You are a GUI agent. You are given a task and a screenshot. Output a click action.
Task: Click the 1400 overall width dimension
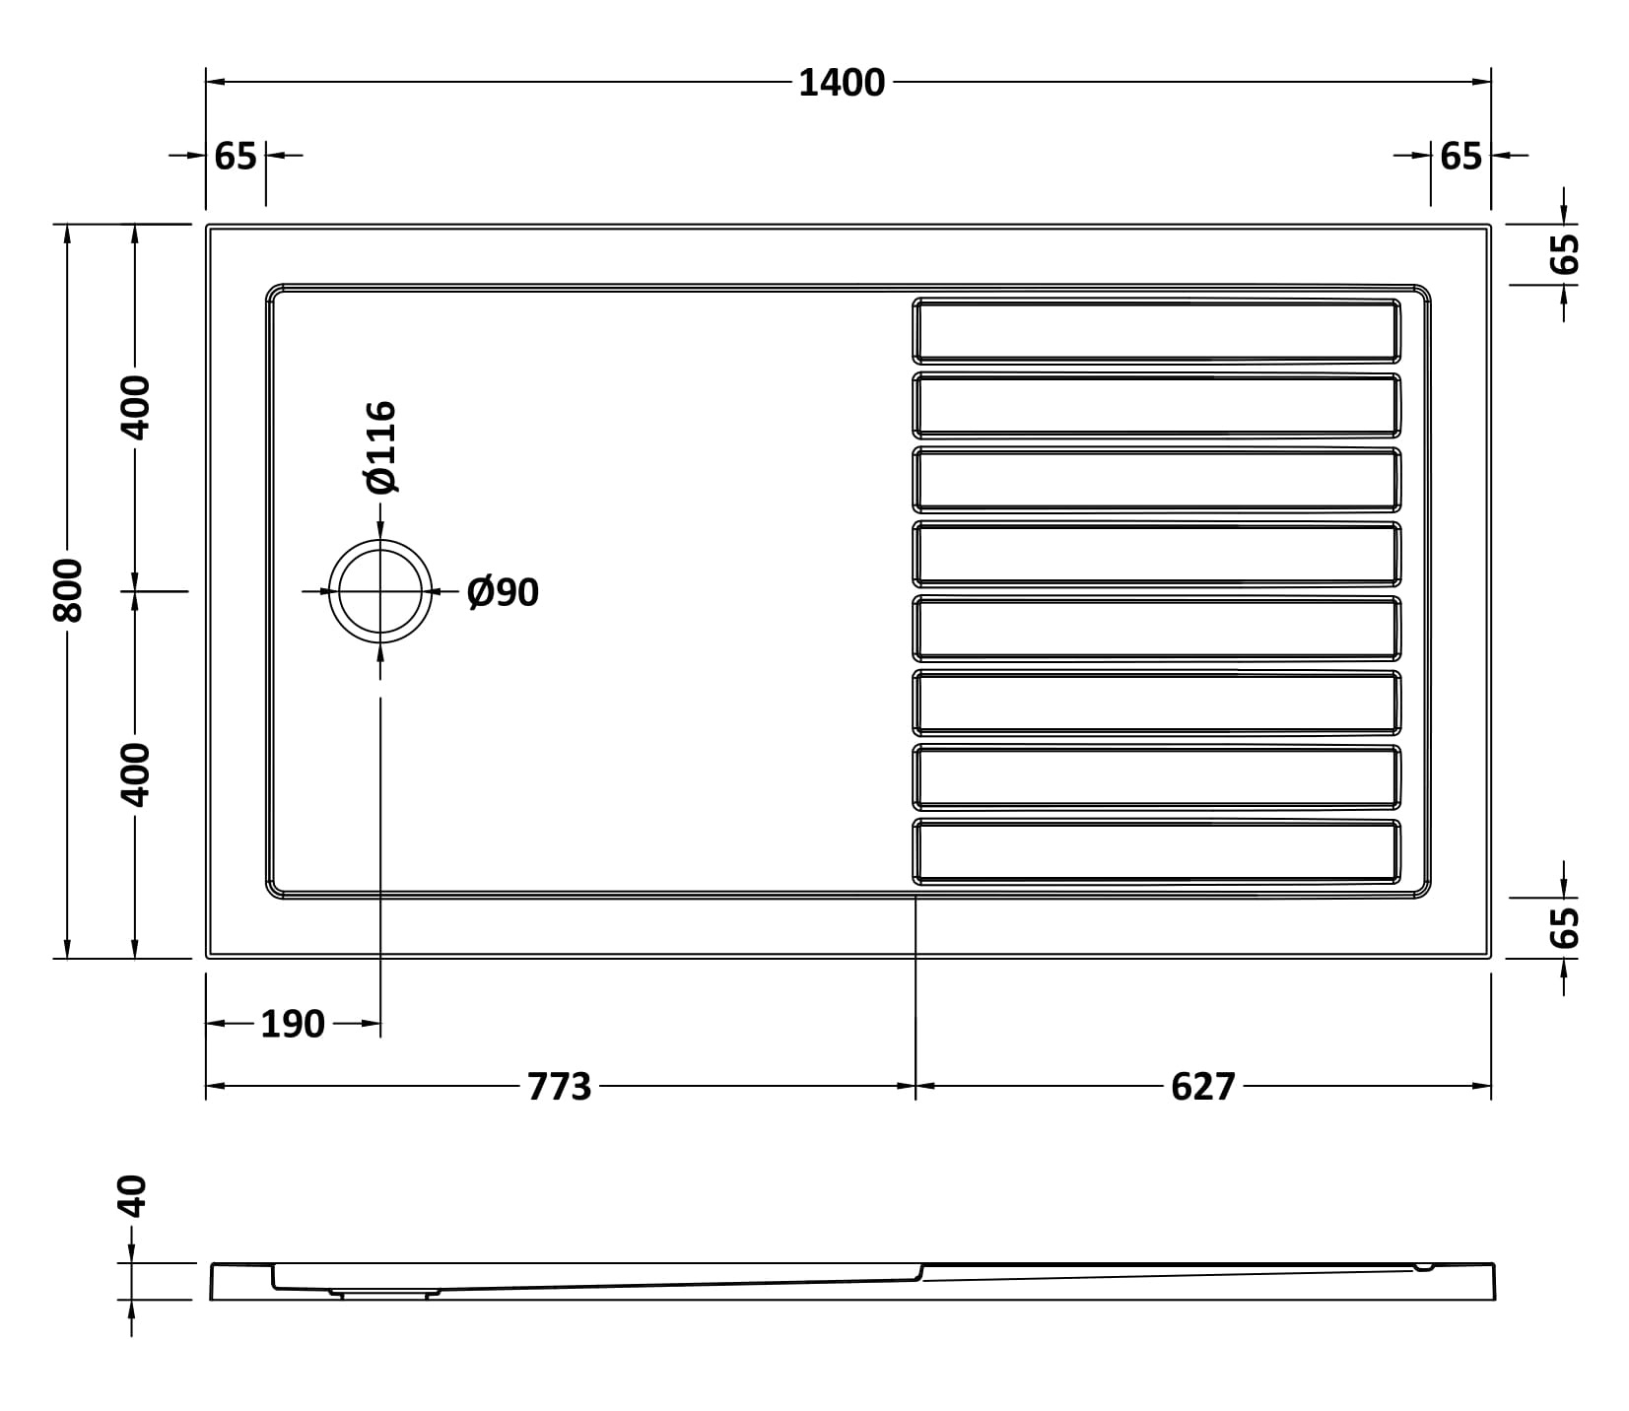point(842,83)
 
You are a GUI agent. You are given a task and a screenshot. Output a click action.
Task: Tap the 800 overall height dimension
point(68,590)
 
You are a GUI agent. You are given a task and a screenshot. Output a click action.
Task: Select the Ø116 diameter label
point(379,446)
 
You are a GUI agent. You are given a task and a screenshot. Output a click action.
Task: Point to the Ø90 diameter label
point(503,592)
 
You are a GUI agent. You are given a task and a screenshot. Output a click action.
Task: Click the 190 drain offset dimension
point(293,1025)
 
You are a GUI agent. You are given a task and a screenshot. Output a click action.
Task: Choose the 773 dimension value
point(560,1086)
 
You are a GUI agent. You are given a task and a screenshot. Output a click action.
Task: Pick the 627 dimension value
point(1203,1086)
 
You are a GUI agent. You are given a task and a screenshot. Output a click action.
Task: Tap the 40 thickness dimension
point(131,1196)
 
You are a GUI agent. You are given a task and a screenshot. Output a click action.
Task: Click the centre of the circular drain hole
point(380,591)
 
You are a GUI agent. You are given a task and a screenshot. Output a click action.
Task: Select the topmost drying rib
point(1156,330)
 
